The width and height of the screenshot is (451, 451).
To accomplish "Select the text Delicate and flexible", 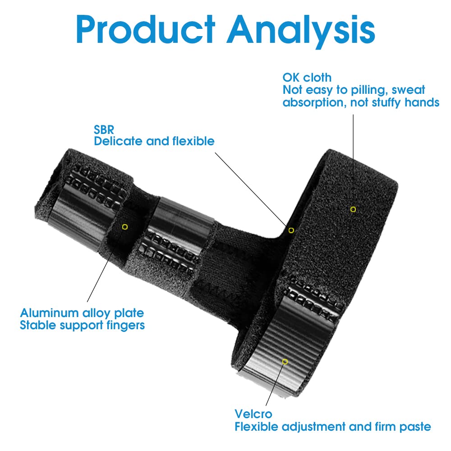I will [x=154, y=141].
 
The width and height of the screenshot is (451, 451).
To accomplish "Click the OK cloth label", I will [x=307, y=78].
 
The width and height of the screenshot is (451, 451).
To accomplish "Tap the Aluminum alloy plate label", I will [x=82, y=313].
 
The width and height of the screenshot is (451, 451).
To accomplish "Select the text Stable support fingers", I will [x=82, y=325].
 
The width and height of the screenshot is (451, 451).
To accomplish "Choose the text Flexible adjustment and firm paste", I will [x=333, y=426].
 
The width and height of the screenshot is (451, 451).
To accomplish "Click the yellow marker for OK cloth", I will [x=353, y=209].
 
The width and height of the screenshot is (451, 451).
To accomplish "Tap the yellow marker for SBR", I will [x=291, y=230].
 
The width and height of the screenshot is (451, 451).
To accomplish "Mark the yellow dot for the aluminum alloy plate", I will [x=125, y=226].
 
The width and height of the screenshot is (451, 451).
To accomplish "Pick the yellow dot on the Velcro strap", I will [x=285, y=361].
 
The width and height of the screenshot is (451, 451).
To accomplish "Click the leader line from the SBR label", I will [x=253, y=190].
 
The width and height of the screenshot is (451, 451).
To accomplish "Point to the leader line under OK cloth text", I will [x=353, y=158].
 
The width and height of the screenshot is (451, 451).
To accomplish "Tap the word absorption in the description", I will [x=309, y=102].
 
